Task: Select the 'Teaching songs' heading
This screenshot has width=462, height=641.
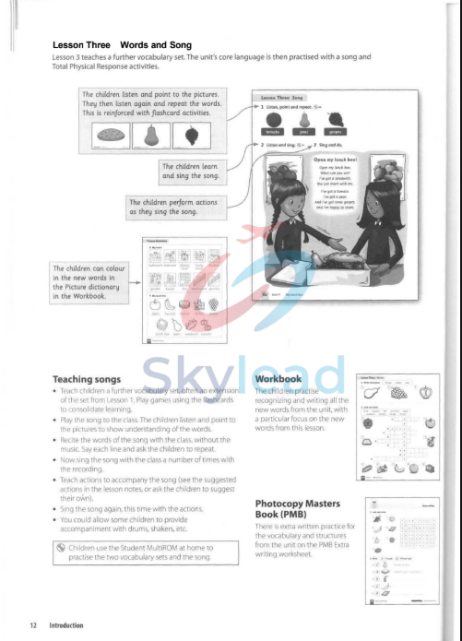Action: [93, 378]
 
